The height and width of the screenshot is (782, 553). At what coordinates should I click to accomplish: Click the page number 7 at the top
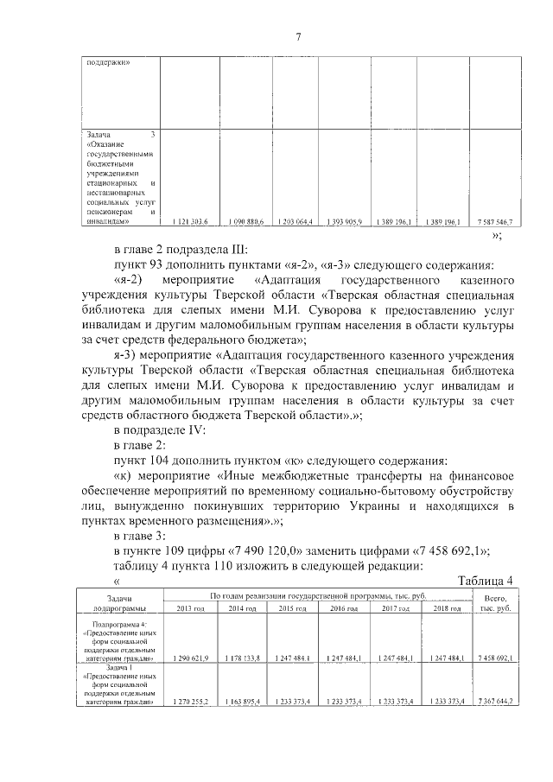point(298,36)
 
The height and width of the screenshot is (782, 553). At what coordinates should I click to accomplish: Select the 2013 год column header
point(191,609)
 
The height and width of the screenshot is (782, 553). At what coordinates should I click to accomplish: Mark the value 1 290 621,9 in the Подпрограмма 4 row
point(192,658)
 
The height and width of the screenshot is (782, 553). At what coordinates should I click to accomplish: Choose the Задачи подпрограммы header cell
point(120,602)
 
